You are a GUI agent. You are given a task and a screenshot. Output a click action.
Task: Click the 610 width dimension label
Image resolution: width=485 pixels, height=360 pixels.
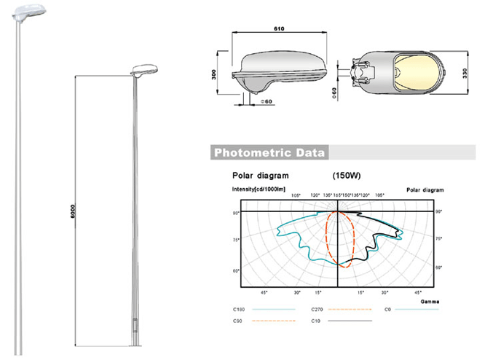coord(278,30)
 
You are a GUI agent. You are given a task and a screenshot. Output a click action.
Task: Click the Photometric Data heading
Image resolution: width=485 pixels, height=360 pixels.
coord(267,153)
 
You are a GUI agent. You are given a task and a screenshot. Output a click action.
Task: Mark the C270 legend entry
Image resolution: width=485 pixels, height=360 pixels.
coord(318,310)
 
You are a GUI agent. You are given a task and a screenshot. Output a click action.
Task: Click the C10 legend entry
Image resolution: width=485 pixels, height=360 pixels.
coord(315,321)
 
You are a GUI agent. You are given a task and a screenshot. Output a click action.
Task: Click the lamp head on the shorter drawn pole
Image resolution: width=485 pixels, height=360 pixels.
coord(143,71)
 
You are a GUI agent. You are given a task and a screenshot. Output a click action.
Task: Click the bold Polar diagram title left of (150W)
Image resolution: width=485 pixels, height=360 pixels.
coord(260,176)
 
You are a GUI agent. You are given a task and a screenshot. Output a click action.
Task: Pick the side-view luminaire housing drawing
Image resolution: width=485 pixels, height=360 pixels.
coord(278,69)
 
